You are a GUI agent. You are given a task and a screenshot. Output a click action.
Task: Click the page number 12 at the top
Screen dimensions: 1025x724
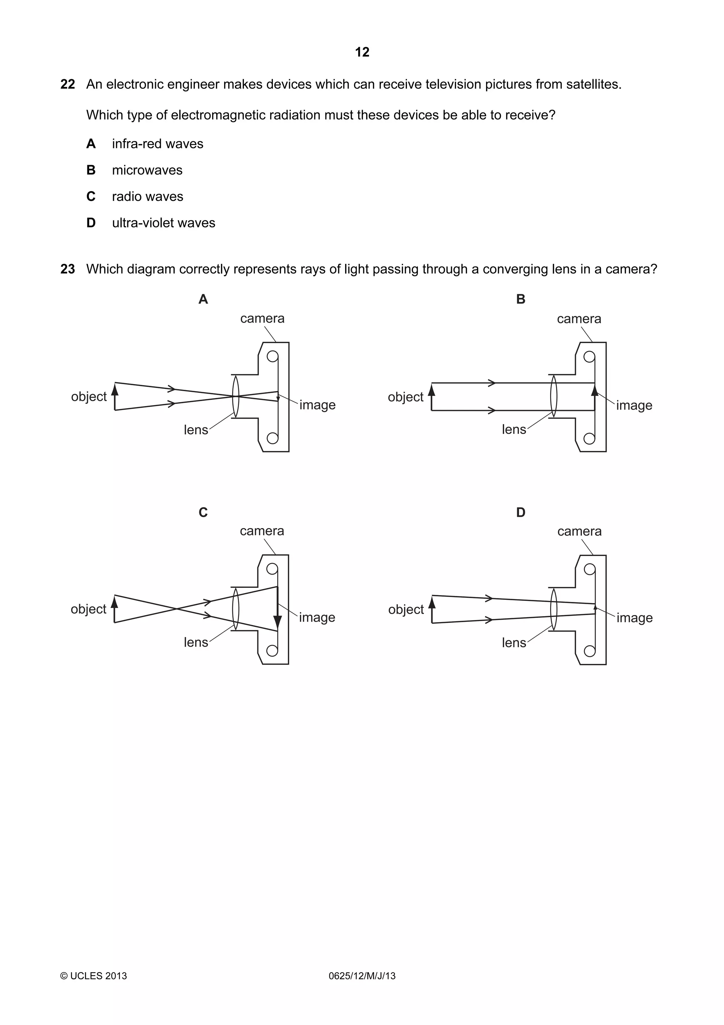click(362, 52)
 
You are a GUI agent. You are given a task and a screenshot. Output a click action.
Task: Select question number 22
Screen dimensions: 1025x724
click(68, 85)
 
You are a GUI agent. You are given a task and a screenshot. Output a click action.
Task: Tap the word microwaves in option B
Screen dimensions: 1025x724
click(147, 170)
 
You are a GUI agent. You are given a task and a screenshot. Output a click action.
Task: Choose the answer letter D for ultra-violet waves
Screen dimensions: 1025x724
click(91, 223)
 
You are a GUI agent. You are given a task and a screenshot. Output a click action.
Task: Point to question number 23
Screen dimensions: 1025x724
click(68, 269)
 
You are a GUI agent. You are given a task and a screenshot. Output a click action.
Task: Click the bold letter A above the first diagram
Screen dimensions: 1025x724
click(203, 299)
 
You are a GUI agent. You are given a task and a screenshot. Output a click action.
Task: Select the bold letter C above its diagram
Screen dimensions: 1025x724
click(203, 512)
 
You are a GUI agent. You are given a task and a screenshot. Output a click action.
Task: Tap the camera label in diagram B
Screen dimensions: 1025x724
click(579, 319)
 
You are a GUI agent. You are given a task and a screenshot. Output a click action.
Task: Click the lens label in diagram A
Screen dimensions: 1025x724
click(196, 430)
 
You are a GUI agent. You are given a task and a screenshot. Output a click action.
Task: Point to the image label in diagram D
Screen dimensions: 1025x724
click(634, 618)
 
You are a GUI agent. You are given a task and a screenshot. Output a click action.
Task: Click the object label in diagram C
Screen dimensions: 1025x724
click(88, 609)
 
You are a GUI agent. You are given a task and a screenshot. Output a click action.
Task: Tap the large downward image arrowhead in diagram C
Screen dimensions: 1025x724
click(278, 622)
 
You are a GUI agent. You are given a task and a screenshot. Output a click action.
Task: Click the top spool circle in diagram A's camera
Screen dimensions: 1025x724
click(272, 356)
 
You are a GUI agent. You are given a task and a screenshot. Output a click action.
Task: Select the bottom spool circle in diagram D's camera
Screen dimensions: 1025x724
click(589, 651)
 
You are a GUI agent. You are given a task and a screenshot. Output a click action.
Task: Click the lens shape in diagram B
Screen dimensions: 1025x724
click(554, 396)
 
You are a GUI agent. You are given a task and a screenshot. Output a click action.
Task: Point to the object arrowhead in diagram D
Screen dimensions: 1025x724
click(431, 603)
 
